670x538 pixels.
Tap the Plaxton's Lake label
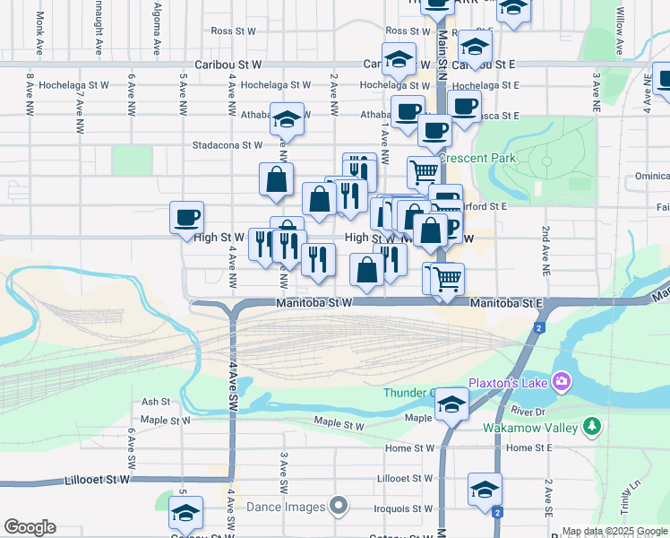tap(514, 382)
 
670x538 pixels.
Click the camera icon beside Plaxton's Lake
tap(563, 382)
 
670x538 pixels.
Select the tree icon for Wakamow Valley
tap(591, 428)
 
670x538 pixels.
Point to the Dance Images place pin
tap(338, 507)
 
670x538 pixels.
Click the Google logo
tap(30, 527)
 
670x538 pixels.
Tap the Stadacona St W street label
tap(227, 144)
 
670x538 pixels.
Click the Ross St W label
tap(234, 30)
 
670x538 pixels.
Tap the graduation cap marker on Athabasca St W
tap(288, 119)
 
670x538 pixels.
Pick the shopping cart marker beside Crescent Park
tap(424, 170)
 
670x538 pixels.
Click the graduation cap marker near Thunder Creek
tap(451, 405)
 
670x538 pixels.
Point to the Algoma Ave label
tap(157, 32)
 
